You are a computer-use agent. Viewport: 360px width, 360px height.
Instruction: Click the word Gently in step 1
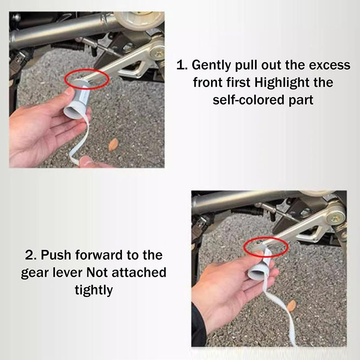tap(211, 65)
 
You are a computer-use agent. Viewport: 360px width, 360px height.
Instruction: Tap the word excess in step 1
tap(329, 65)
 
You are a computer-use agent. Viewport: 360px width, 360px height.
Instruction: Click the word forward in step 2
tap(99, 255)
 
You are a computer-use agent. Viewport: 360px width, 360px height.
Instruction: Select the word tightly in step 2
tap(94, 290)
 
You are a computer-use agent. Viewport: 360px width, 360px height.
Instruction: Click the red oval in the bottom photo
tap(266, 238)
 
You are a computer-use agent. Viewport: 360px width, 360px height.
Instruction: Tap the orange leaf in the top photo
tap(113, 144)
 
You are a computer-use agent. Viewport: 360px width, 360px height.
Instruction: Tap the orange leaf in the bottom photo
tap(292, 306)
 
